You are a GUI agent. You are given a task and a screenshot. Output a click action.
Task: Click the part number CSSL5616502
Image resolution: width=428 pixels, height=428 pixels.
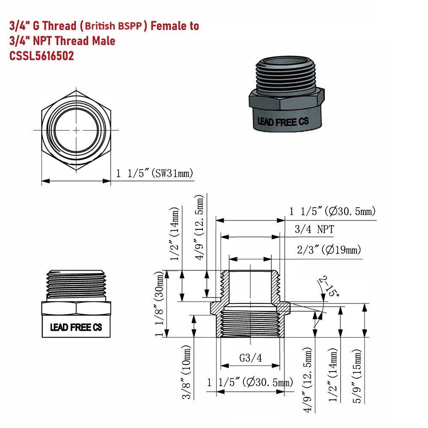[42, 56]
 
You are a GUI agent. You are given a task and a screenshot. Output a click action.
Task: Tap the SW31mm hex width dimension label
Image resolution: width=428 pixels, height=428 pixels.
[155, 173]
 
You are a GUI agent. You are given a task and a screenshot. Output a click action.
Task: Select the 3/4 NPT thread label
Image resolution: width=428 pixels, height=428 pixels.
[314, 229]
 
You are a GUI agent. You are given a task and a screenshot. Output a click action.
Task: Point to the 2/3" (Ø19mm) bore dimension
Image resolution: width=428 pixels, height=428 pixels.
[329, 250]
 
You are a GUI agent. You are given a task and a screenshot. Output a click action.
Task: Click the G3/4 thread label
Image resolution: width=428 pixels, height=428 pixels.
[250, 358]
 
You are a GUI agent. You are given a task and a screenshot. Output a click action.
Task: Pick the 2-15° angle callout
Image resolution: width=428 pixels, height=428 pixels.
[329, 287]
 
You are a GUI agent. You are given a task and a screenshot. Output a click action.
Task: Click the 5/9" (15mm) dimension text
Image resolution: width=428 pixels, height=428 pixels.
[357, 376]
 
